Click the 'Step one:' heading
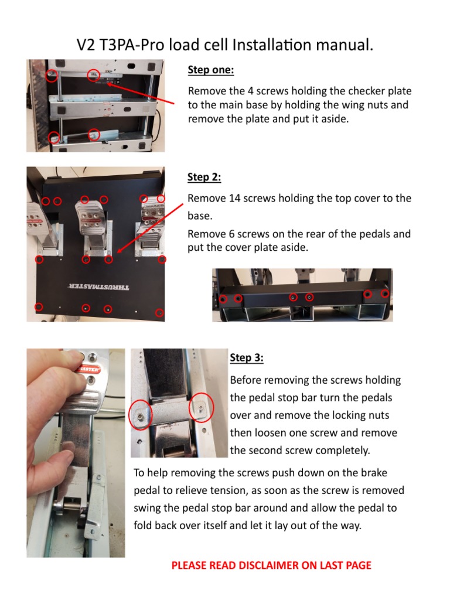(210, 70)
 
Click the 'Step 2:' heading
(204, 177)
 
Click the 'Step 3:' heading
(247, 357)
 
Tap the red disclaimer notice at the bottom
(271, 565)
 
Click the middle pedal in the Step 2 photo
(93, 223)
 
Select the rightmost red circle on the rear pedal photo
(385, 294)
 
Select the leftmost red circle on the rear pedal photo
(223, 299)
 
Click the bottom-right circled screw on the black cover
(159, 313)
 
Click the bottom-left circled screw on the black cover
(39, 306)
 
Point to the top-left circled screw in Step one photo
(52, 76)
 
